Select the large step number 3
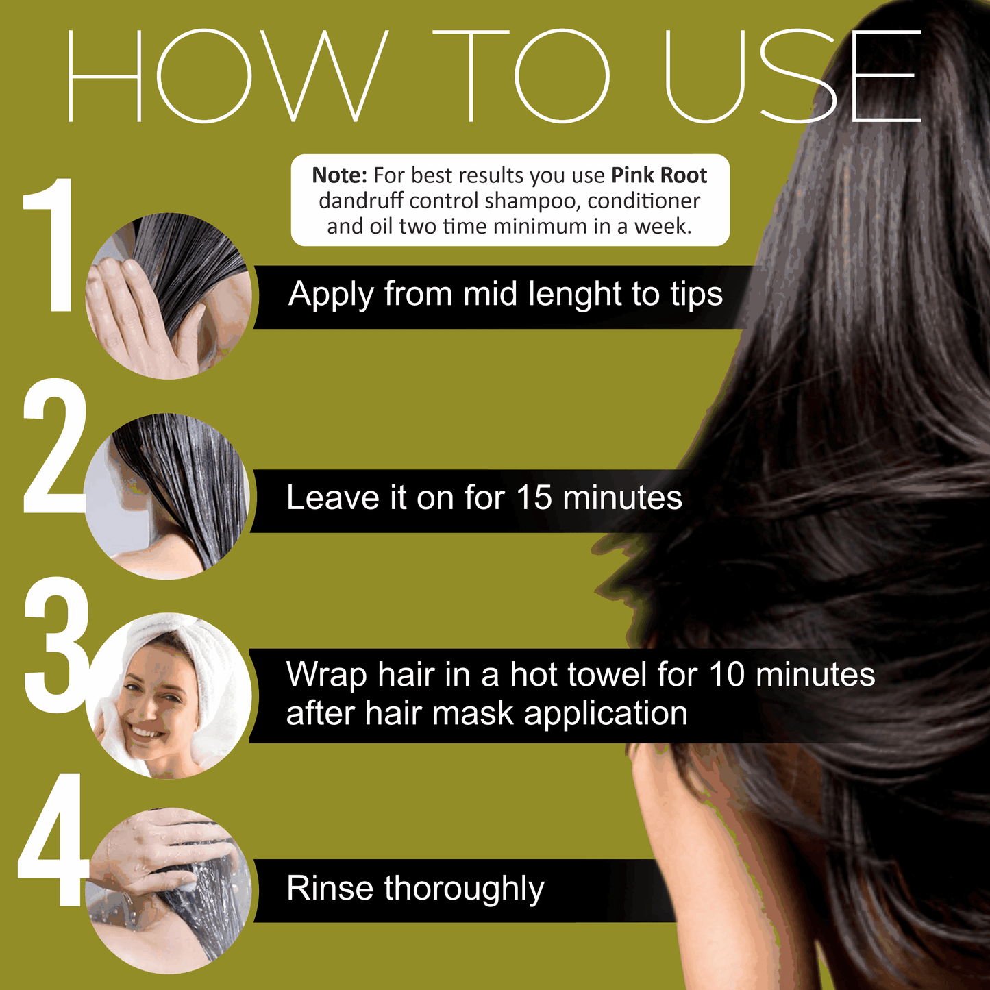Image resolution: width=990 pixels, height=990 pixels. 56,645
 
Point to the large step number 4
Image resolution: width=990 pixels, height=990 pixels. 51,839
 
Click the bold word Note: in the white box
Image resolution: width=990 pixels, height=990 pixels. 339,175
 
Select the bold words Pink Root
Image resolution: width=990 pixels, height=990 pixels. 659,175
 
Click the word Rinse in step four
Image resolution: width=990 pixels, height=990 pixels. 330,888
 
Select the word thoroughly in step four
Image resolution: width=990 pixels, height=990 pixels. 465,891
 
